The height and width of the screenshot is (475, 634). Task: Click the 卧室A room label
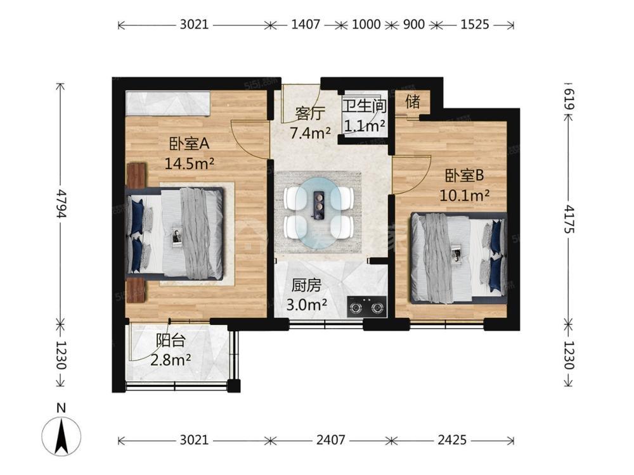point(189,143)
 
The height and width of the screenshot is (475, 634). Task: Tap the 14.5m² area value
point(189,163)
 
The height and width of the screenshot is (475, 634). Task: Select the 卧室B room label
point(464,175)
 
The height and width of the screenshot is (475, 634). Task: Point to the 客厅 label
point(310,114)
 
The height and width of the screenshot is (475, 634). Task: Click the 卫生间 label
point(365,106)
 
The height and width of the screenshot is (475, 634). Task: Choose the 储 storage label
point(413,101)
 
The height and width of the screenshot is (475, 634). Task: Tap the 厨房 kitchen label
point(306,286)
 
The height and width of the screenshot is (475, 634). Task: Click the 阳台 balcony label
point(171,341)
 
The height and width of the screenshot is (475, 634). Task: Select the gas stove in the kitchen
point(366,307)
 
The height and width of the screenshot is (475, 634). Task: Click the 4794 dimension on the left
point(61,203)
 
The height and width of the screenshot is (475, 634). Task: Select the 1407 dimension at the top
point(306,25)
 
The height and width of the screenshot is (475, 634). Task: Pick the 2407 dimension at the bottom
point(331,440)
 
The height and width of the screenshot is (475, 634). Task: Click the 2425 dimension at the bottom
point(452,440)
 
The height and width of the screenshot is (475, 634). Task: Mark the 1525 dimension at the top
point(475,25)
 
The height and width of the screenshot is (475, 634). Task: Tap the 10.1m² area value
point(465,196)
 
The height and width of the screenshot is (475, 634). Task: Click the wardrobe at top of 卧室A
point(168,103)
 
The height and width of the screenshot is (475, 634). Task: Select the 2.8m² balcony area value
point(171,359)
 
